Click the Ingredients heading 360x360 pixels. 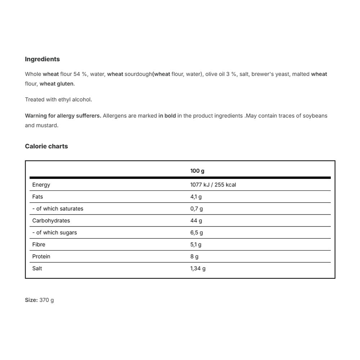(x=42, y=59)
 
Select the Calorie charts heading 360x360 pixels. (x=46, y=146)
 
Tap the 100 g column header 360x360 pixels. (x=197, y=171)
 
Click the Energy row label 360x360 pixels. (x=41, y=185)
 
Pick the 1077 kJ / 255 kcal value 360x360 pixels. (x=213, y=185)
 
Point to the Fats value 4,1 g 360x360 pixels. (x=196, y=197)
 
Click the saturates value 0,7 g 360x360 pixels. (x=197, y=208)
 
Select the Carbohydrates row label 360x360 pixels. (x=51, y=220)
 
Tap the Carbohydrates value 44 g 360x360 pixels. (x=196, y=220)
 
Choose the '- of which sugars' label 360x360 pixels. (x=54, y=233)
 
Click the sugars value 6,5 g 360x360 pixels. (x=197, y=233)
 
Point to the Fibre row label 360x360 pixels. (x=39, y=244)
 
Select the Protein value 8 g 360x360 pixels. (x=194, y=256)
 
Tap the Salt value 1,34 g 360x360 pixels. (x=198, y=268)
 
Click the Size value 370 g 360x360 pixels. (x=47, y=300)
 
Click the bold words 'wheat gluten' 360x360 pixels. (x=57, y=84)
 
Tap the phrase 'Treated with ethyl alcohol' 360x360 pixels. (x=58, y=99)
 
